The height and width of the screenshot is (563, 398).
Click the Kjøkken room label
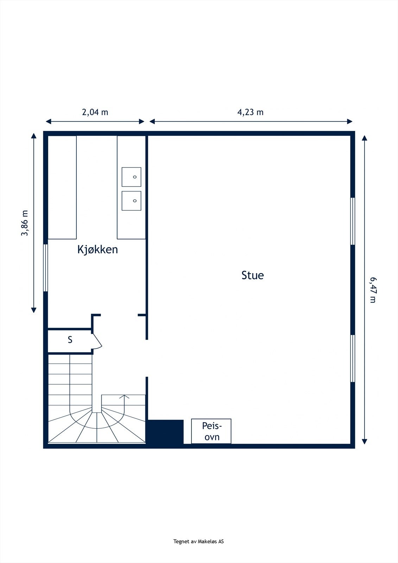[x=97, y=249]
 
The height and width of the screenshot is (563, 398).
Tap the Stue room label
[x=252, y=275]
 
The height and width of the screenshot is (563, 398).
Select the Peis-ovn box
[x=211, y=431]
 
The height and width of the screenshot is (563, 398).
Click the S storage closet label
[x=70, y=340]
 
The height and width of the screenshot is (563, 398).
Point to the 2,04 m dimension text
[x=95, y=112]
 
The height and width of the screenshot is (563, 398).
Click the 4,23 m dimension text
[x=251, y=112]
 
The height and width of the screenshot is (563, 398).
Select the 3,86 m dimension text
[x=25, y=223]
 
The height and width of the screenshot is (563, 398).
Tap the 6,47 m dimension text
[x=373, y=290]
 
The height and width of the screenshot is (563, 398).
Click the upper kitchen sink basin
[x=131, y=177]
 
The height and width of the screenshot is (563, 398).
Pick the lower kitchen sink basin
[x=131, y=201]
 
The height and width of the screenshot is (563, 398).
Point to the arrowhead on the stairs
[x=124, y=397]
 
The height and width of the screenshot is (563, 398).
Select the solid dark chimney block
[x=165, y=432]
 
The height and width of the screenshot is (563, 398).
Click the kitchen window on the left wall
[x=45, y=268]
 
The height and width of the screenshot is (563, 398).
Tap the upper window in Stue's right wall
[x=353, y=221]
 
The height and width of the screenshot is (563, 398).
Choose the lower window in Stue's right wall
[x=353, y=358]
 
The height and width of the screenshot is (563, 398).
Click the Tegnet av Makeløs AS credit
[x=198, y=542]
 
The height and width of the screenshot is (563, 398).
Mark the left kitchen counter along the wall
[x=62, y=187]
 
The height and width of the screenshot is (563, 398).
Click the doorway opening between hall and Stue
[x=147, y=358]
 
